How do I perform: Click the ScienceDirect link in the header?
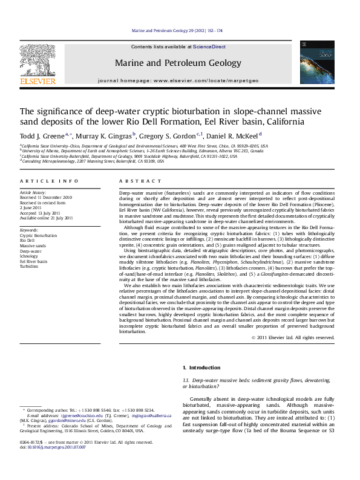(x=209, y=47)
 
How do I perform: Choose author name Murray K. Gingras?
(x=98, y=135)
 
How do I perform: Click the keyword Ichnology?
(x=29, y=256)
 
